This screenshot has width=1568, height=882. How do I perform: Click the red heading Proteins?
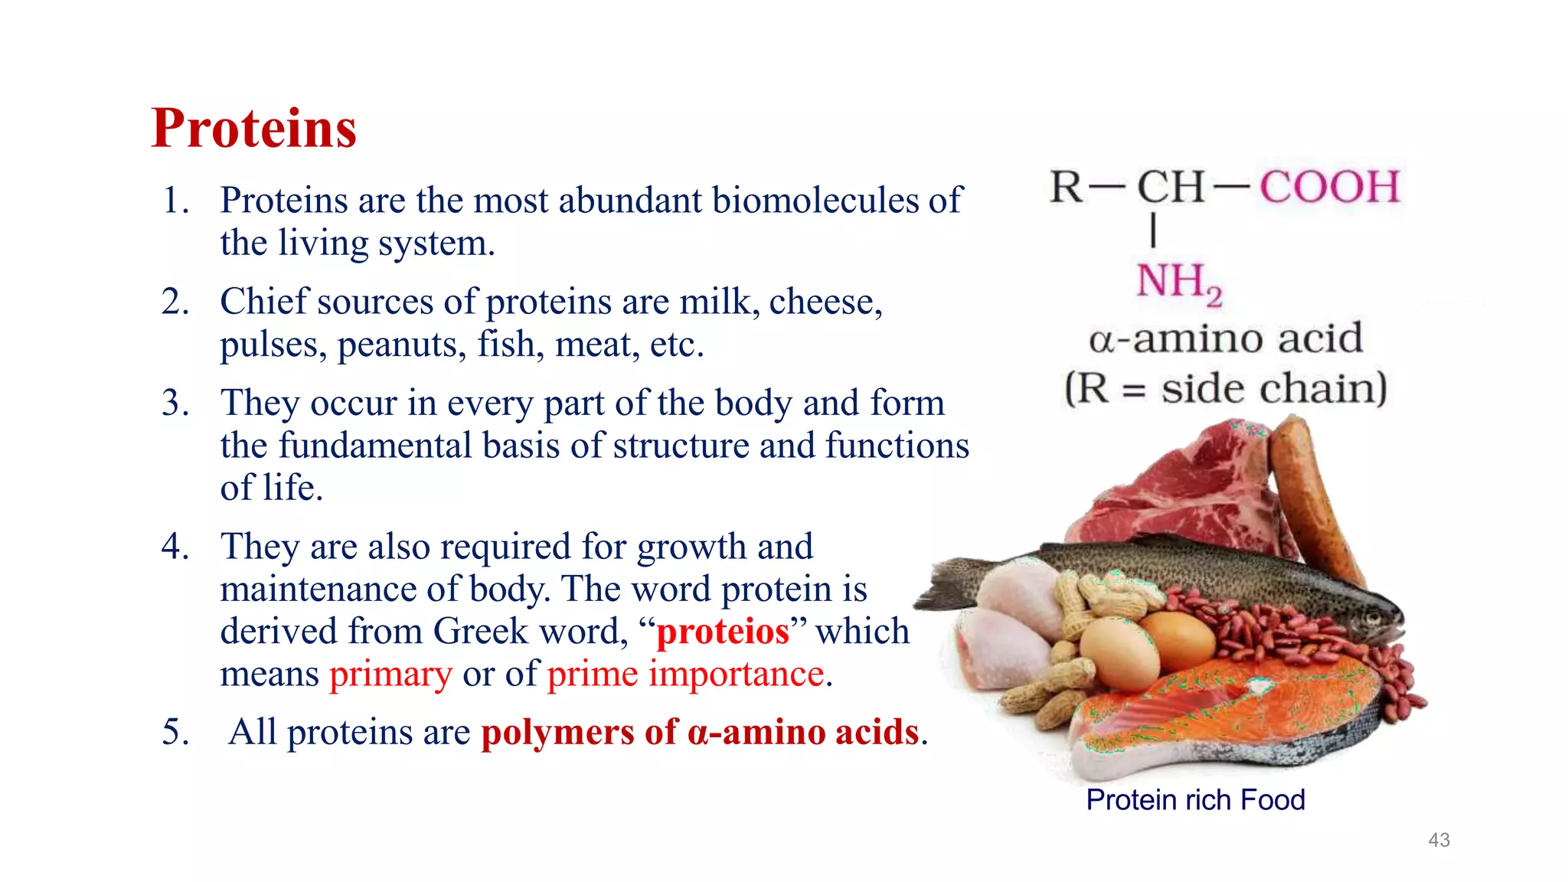coord(254,128)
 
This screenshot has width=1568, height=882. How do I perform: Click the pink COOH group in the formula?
coord(1330,187)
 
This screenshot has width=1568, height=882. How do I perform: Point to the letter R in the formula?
coord(1067,187)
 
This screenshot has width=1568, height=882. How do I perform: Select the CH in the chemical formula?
coord(1171,187)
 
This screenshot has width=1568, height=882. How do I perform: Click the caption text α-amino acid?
coord(1226,338)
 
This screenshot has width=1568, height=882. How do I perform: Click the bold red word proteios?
coord(723,632)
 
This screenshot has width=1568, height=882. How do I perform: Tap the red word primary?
coord(390,675)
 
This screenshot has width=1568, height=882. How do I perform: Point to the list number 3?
coord(175,403)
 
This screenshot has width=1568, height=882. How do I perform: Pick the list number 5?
coord(175,732)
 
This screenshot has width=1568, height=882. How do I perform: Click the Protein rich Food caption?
coord(1195,800)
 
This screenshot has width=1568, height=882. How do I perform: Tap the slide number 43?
coord(1439,840)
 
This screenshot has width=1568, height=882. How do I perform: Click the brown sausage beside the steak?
coord(1309,490)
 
